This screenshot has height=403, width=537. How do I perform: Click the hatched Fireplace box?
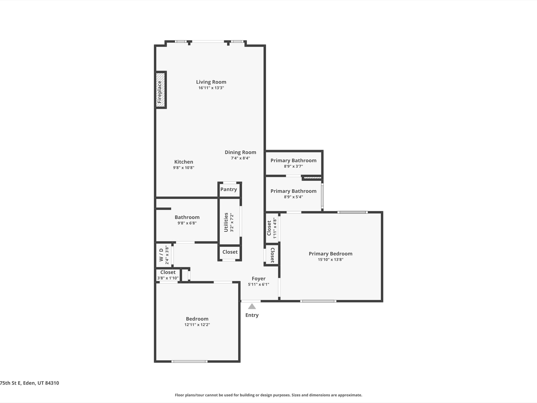(x=160, y=90)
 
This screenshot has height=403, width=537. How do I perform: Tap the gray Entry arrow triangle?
(x=252, y=306)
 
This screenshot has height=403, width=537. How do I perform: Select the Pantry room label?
(x=229, y=189)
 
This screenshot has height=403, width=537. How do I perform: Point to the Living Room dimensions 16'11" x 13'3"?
(x=211, y=88)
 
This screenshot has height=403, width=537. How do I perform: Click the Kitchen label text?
(x=184, y=162)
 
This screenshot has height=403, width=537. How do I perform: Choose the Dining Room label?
(x=240, y=152)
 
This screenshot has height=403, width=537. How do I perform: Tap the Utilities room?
(x=229, y=222)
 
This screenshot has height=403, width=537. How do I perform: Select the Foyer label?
(x=259, y=279)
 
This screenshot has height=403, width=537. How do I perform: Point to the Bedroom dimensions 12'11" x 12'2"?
(x=197, y=325)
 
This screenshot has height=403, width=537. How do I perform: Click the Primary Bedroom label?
(x=330, y=254)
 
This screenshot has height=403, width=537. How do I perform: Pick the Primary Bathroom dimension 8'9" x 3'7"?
(x=293, y=166)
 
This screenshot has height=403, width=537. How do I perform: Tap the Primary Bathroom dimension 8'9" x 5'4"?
(x=293, y=197)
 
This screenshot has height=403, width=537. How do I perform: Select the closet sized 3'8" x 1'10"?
(x=168, y=275)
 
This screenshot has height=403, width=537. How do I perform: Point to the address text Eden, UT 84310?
(x=41, y=383)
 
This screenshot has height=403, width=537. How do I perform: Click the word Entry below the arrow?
(x=252, y=315)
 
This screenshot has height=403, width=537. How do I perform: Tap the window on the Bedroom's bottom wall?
(x=189, y=361)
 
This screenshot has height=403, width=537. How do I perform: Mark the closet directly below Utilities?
(x=230, y=252)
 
